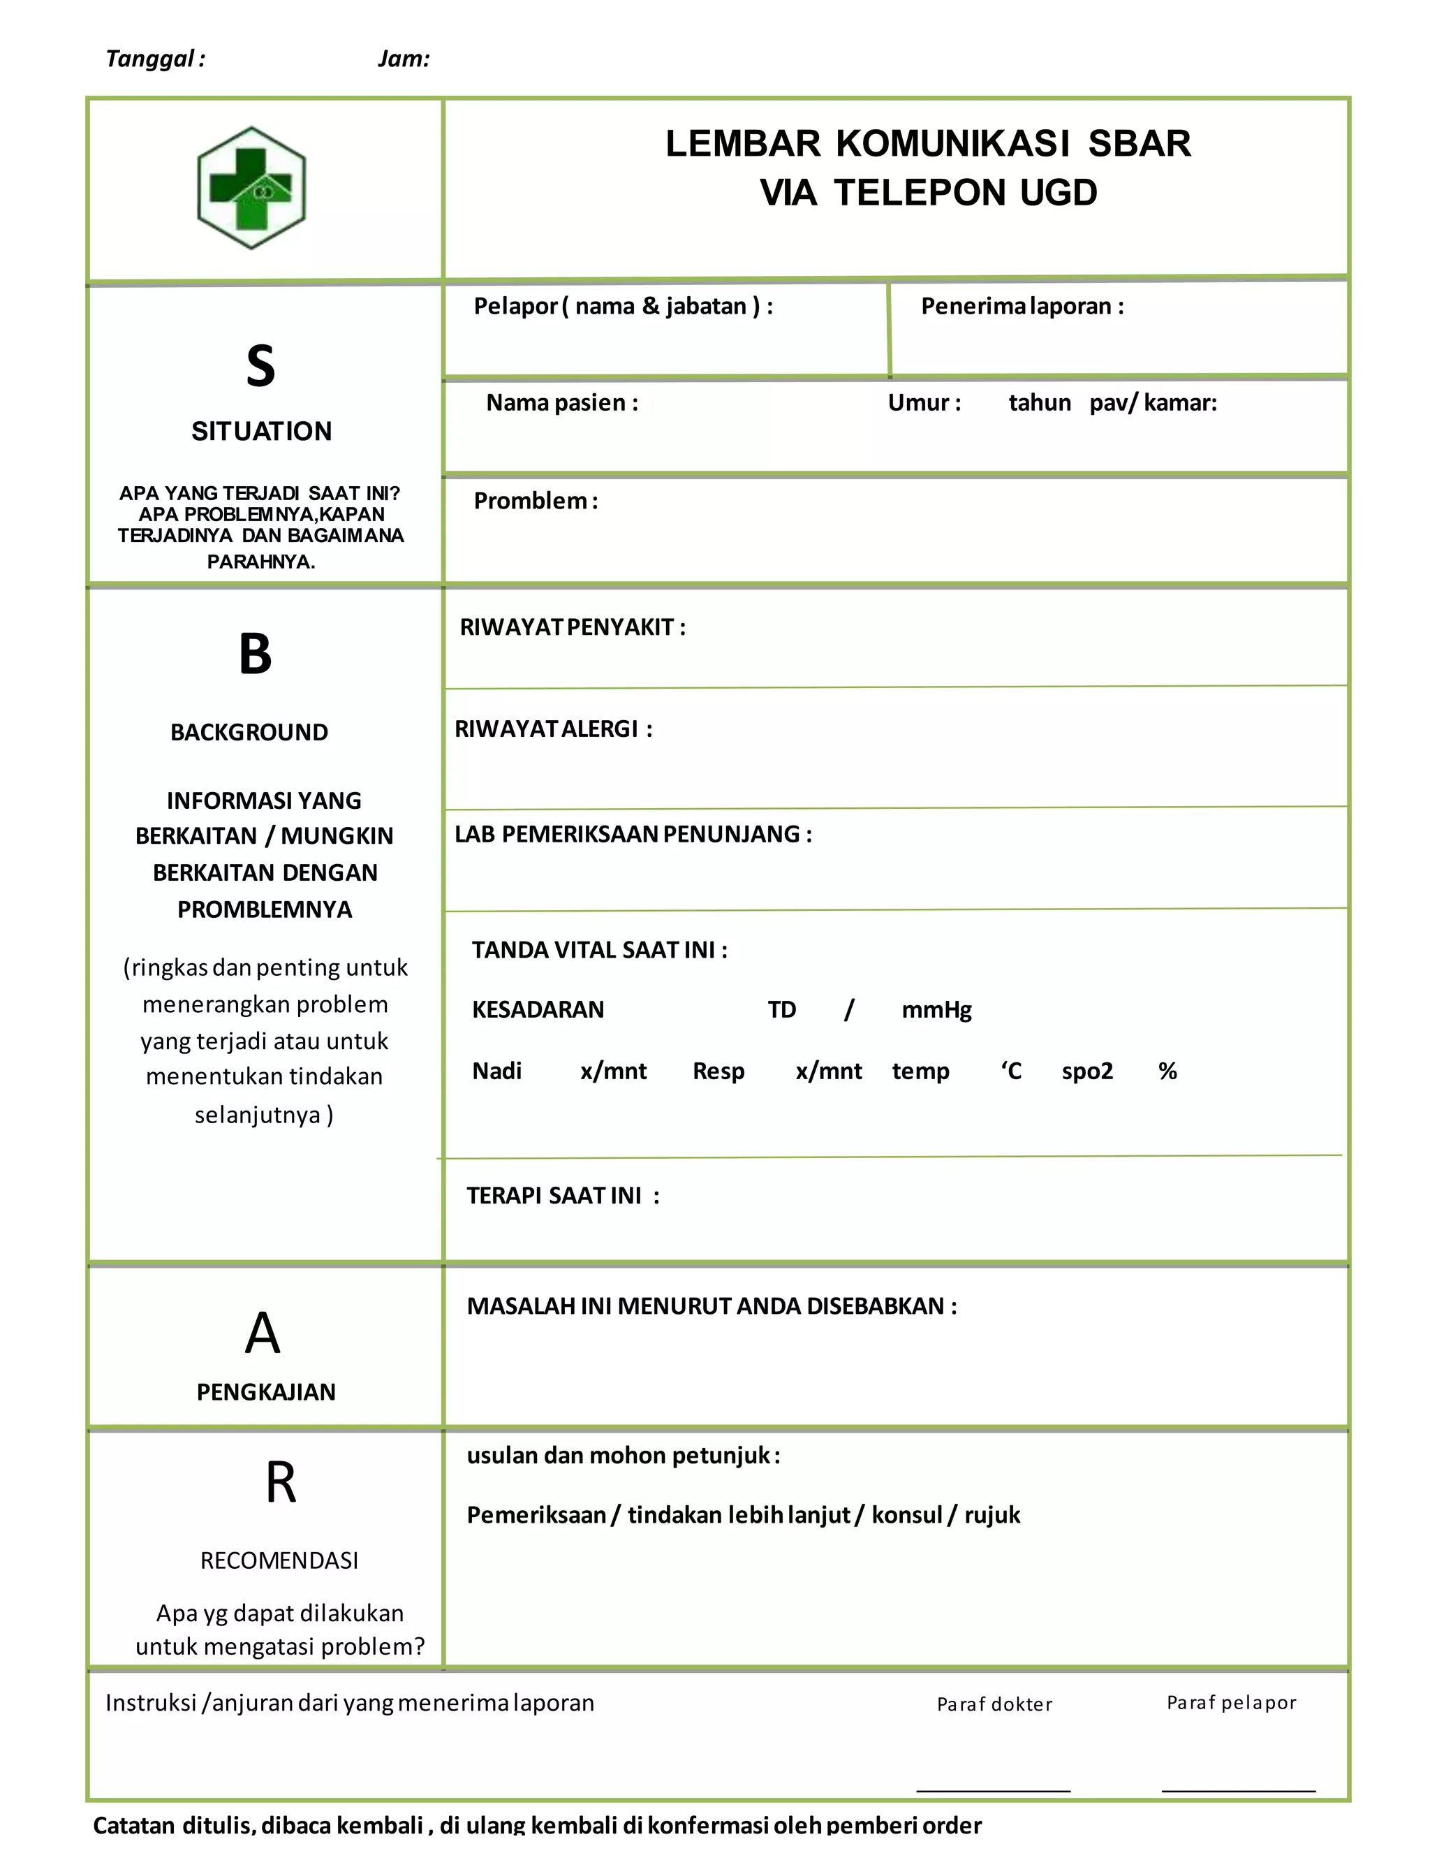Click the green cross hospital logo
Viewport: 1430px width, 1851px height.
point(251,188)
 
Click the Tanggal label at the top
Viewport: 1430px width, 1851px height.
point(154,59)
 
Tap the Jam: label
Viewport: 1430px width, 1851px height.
point(404,59)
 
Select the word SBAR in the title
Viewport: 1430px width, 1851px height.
point(1139,143)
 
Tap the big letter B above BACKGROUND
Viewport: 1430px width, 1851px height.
point(255,654)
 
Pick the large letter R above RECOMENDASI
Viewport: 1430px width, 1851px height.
point(281,1482)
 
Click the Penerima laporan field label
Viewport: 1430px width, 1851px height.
point(1022,306)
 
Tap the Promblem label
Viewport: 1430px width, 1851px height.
point(536,501)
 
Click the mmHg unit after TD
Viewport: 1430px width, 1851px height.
point(936,1010)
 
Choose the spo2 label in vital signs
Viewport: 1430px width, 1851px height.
point(1087,1071)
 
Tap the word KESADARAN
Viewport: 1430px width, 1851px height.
point(538,1010)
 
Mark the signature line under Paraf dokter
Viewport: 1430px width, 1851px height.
point(993,1790)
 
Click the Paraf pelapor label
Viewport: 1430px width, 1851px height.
point(1231,1703)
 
